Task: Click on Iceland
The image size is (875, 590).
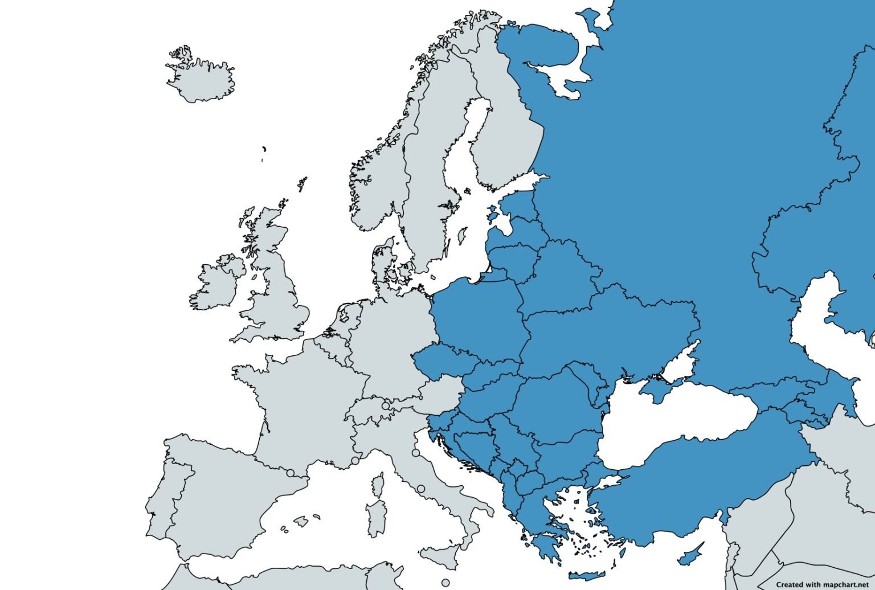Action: click(201, 80)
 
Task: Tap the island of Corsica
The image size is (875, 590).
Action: click(377, 484)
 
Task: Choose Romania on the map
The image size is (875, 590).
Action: click(553, 404)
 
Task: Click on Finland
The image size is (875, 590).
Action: click(507, 137)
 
